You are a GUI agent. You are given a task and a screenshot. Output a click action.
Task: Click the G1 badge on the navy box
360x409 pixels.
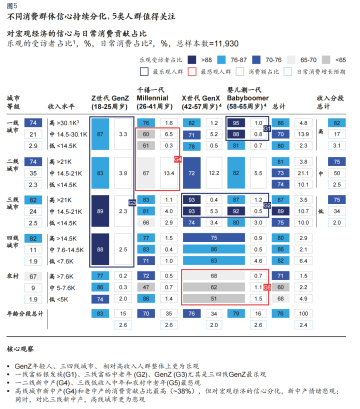pos(267,128)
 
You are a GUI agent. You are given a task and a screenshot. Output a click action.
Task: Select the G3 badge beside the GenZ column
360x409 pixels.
pos(132,203)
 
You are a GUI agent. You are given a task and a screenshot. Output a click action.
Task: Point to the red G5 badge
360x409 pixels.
pos(267,287)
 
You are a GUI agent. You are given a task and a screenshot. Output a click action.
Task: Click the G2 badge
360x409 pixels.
pos(267,205)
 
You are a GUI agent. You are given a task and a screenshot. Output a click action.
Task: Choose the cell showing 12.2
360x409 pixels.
pos(214,173)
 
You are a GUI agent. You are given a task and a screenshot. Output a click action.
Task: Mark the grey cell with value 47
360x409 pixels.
pos(146,287)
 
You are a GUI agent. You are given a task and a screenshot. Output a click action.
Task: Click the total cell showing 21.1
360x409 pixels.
pos(303,173)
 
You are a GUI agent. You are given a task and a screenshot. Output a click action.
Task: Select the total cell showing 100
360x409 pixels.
pos(303,313)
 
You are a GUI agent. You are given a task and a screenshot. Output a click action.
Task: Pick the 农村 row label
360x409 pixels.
pos(13,275)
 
